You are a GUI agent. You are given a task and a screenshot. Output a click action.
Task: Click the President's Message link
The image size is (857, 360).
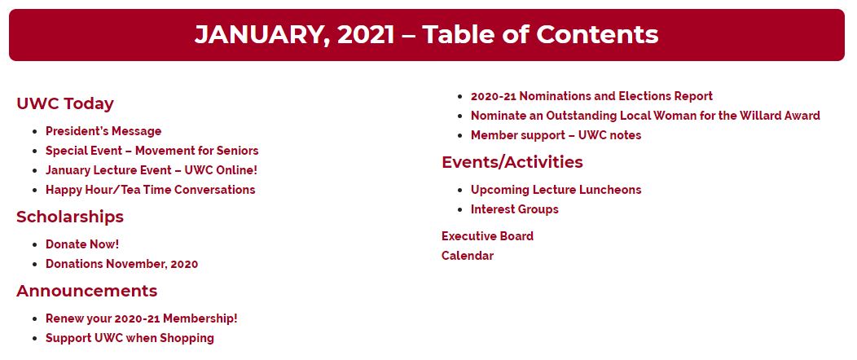[x=103, y=131]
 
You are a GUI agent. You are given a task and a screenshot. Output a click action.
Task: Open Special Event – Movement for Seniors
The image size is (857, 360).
[x=152, y=151]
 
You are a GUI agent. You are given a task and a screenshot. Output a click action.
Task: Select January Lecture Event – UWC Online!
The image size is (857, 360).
[x=152, y=170]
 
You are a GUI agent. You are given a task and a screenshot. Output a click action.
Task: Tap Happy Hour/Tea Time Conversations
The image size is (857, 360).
[x=151, y=190]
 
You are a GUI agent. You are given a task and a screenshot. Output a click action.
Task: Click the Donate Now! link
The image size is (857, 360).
[x=82, y=244]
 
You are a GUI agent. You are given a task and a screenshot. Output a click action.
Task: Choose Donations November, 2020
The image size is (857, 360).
[x=122, y=264]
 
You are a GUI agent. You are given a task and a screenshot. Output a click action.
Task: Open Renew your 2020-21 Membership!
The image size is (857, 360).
[x=142, y=318]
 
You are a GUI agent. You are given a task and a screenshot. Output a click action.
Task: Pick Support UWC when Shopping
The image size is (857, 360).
[x=130, y=338]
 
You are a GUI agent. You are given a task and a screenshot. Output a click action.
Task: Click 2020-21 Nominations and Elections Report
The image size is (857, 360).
[x=592, y=96]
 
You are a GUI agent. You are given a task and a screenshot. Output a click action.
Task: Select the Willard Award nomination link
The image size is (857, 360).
[x=645, y=116]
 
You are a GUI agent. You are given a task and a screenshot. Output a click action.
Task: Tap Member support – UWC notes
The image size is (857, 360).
[x=556, y=135]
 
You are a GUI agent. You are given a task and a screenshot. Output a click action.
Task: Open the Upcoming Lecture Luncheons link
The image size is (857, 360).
[x=556, y=190]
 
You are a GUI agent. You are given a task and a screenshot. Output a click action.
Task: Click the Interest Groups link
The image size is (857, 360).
[x=515, y=209]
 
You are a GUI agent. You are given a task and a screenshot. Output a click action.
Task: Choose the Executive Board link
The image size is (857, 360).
[x=487, y=236]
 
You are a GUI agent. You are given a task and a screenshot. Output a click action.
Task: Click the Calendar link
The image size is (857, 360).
[x=468, y=256]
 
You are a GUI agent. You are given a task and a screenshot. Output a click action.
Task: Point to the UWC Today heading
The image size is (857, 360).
[x=65, y=103]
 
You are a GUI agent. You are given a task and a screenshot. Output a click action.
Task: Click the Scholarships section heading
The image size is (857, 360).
[x=70, y=217]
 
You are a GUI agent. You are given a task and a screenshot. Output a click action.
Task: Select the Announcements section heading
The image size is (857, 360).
[x=87, y=291]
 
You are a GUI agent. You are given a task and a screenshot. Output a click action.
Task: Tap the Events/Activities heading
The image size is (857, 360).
[x=512, y=162]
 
